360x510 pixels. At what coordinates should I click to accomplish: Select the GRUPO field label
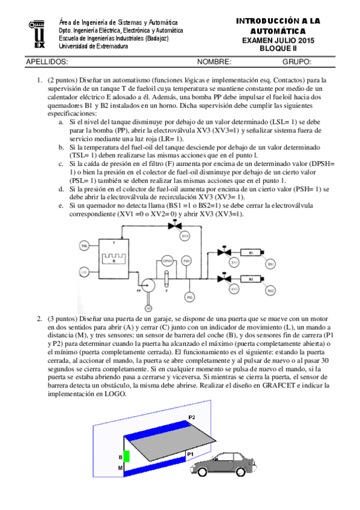[x=296, y=62]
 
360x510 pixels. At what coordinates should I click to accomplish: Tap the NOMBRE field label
[x=214, y=62]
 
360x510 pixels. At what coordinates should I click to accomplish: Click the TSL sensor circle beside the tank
[x=85, y=247]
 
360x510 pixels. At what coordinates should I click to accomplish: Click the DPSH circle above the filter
[x=168, y=260]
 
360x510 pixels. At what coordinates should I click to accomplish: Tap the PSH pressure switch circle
[x=187, y=260]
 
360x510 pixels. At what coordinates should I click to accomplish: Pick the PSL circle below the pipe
[x=190, y=296]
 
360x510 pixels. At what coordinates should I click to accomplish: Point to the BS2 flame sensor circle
[x=271, y=291]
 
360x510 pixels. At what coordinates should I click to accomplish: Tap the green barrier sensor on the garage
[x=126, y=456]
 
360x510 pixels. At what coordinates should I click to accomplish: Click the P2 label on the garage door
[x=191, y=417]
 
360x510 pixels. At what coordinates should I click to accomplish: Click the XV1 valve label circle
[x=234, y=263]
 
